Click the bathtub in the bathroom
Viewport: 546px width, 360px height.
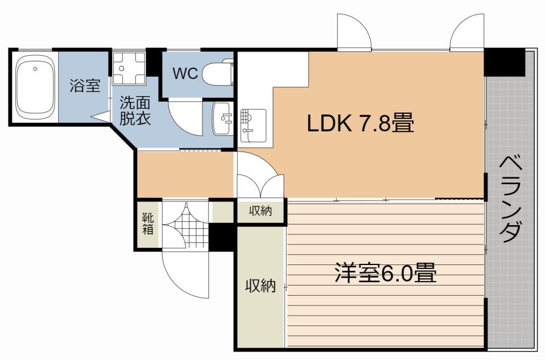tap(35, 86)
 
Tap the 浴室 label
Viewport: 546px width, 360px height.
tap(85, 86)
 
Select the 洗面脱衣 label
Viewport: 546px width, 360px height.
tap(135, 111)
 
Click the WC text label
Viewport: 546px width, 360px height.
tap(185, 73)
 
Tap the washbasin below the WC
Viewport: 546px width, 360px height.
tap(224, 118)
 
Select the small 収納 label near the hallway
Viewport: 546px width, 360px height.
tap(260, 211)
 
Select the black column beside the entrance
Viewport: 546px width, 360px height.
tap(222, 237)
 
